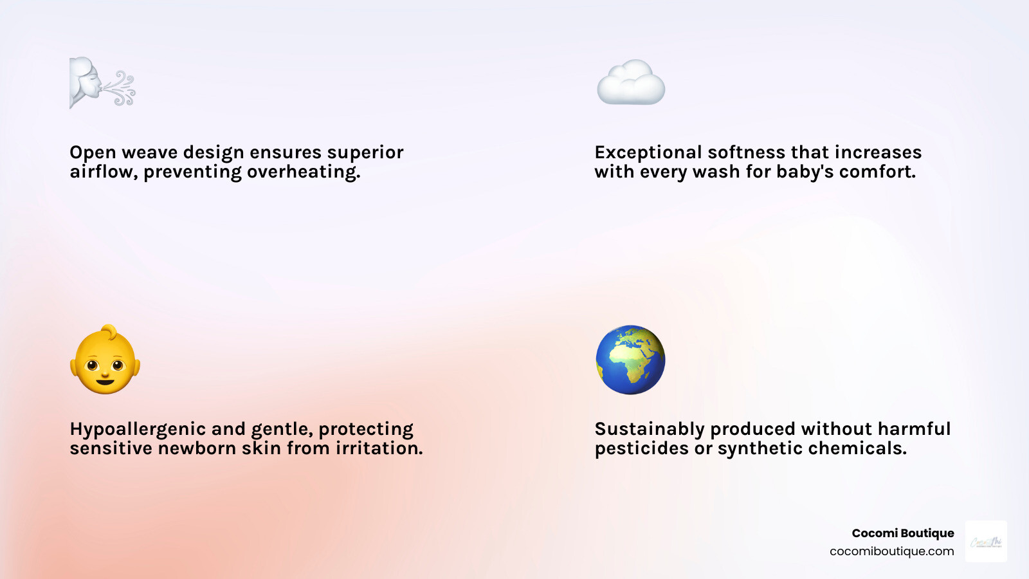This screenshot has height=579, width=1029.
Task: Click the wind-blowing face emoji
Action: (x=102, y=83)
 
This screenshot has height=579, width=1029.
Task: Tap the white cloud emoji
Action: (x=631, y=82)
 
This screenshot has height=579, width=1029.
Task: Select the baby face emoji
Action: (x=105, y=360)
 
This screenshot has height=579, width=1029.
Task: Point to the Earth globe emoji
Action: (x=630, y=360)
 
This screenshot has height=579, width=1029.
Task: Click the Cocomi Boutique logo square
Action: (x=986, y=542)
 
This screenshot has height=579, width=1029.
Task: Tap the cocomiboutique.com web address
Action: (x=891, y=551)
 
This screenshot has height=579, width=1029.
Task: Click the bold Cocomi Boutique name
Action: (x=902, y=533)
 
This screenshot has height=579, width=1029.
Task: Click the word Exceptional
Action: (x=648, y=152)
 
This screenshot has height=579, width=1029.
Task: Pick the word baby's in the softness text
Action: (x=805, y=172)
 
